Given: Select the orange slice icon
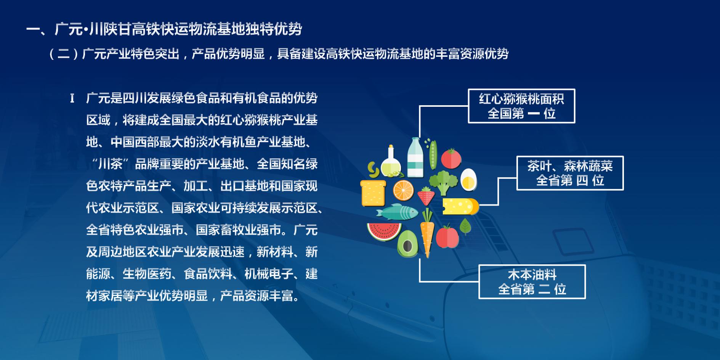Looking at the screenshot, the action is [403, 190].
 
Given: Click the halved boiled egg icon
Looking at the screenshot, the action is [468, 179].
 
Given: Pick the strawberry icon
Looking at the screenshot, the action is [426, 196].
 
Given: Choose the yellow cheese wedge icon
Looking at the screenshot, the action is [460, 206].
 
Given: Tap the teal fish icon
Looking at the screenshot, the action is [397, 212].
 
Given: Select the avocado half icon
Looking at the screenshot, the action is [407, 244].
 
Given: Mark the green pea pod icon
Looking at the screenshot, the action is [432, 154].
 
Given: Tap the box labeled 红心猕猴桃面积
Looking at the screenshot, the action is [521, 106].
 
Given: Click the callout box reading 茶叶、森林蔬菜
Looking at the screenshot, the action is [570, 173].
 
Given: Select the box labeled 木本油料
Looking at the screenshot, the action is [532, 282].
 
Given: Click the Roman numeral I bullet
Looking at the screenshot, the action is [72, 99].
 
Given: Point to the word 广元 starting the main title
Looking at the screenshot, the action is [69, 29].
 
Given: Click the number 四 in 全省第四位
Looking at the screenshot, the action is [582, 180].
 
